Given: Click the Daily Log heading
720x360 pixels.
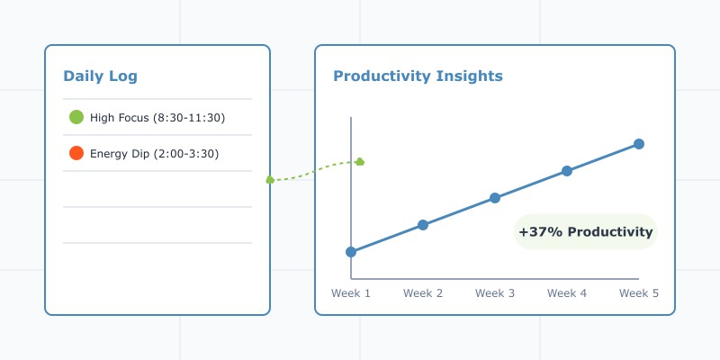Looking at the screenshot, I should (100, 76).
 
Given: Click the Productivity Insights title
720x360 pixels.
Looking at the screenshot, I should (418, 76).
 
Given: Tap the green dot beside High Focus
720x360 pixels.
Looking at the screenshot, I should (76, 117).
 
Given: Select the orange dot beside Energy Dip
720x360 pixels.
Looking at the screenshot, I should (76, 153).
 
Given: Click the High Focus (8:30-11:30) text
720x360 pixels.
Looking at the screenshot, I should (157, 118).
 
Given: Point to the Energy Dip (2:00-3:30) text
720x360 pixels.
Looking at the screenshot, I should (154, 154).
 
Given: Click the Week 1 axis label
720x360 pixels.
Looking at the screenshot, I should (351, 293).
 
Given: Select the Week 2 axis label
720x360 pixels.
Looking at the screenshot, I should (423, 293).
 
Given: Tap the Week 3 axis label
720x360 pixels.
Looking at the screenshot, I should (495, 293).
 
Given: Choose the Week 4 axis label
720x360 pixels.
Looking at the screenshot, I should (567, 293).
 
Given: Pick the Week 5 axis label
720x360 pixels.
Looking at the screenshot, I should (639, 293).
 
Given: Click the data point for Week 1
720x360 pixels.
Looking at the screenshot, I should (351, 252).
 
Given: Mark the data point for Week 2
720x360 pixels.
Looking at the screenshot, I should (423, 225).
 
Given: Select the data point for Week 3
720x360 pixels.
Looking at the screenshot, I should (495, 198).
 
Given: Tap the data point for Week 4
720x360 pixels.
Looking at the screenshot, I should (567, 171).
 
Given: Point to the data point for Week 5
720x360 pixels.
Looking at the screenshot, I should (639, 144).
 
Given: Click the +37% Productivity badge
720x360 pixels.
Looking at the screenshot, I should (585, 232).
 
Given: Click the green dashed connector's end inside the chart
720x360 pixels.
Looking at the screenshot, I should (360, 162).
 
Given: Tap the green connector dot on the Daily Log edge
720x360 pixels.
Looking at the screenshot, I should (270, 180).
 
